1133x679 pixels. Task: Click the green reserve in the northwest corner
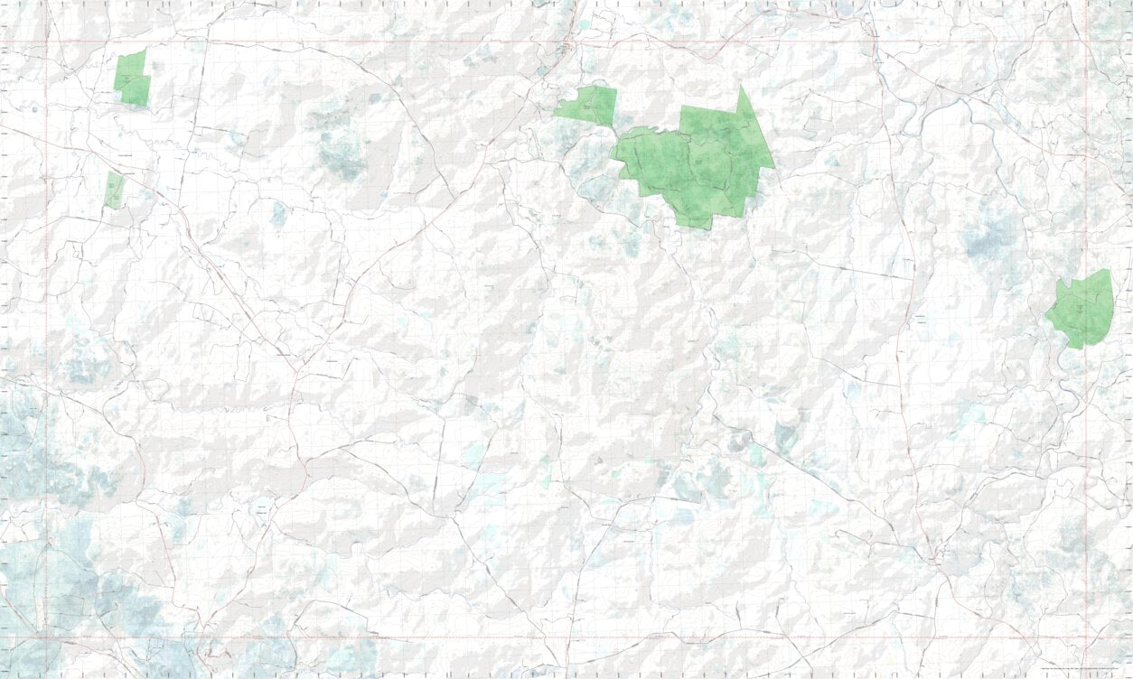(x=132, y=79)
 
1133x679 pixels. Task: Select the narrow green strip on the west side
(x=114, y=191)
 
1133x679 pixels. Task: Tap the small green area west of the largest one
(x=588, y=105)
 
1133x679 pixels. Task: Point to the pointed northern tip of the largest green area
(x=742, y=88)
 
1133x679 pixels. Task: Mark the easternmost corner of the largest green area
(x=774, y=167)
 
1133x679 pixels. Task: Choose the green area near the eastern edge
(x=1081, y=310)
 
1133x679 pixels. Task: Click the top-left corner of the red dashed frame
(x=47, y=42)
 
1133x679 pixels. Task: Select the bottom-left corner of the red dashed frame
(x=47, y=637)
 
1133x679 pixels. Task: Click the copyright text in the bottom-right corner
(x=1083, y=669)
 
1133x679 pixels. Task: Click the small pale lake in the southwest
(x=260, y=510)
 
